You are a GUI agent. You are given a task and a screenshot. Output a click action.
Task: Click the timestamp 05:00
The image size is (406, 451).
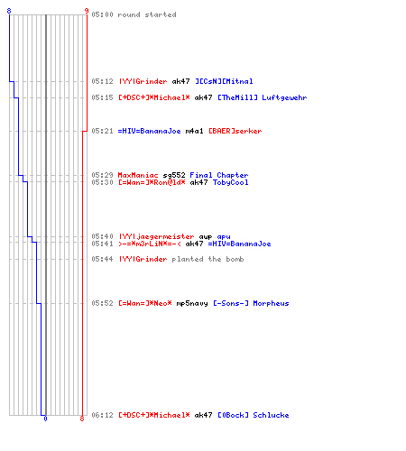(x=102, y=14)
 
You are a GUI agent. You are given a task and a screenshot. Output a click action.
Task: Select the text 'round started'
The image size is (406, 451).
(x=147, y=14)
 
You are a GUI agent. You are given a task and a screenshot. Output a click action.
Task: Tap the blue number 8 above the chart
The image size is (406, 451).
(x=9, y=11)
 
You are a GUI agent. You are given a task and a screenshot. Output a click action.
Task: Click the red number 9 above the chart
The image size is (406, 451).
(x=87, y=11)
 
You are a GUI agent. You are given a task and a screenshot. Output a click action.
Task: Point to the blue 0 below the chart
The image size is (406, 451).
(x=45, y=419)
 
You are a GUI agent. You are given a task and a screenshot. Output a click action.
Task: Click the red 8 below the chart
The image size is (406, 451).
(x=82, y=419)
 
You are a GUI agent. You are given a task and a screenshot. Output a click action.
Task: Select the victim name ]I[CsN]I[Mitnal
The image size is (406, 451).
(x=224, y=81)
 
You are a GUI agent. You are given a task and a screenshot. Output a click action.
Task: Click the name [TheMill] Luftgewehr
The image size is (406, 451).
(x=263, y=97)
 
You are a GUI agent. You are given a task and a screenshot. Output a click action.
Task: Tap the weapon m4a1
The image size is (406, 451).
(x=194, y=131)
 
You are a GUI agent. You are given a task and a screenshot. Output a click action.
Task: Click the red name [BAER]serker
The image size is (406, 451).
(x=235, y=131)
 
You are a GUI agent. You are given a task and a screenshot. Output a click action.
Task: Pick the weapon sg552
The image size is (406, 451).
(x=174, y=175)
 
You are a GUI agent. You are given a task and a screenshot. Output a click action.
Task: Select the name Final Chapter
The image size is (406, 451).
(x=219, y=175)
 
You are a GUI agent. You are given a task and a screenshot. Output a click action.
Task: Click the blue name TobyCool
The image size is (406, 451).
(x=231, y=182)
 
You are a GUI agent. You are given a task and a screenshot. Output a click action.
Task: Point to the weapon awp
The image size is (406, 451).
(x=206, y=237)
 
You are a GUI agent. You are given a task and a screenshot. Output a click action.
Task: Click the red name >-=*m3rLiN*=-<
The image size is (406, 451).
(x=150, y=244)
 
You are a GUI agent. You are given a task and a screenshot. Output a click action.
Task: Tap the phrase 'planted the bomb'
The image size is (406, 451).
(x=208, y=259)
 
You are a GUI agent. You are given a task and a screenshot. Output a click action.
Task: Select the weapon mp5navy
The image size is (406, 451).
(x=192, y=303)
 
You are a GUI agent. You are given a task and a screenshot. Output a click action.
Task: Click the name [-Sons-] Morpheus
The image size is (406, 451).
(x=251, y=303)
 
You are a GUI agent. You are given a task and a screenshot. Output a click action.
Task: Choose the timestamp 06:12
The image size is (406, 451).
(x=102, y=415)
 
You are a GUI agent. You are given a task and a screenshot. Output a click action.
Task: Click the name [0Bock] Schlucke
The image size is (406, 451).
(x=254, y=415)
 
